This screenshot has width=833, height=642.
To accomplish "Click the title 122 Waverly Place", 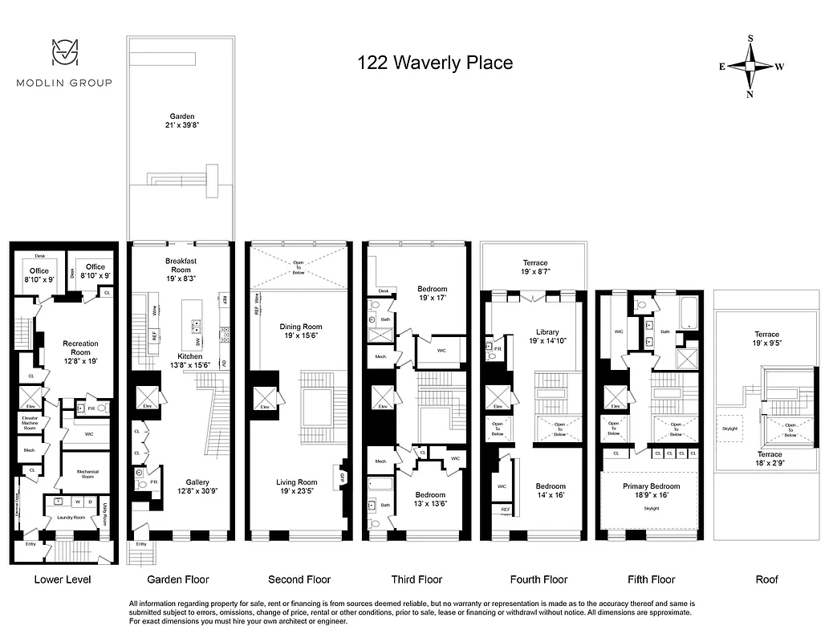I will point(434,63).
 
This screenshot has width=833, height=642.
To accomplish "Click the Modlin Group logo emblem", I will point(67,53).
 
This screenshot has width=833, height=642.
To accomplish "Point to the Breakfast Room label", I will point(181,266).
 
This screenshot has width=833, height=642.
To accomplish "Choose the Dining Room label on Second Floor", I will point(300,331).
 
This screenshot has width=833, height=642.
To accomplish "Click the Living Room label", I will point(297,487).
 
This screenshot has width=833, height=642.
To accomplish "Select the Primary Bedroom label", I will point(651,491).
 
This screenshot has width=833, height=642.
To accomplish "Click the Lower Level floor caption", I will point(63,579).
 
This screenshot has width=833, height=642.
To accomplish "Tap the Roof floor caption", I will point(766,579).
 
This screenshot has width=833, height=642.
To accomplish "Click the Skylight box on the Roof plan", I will point(730,429).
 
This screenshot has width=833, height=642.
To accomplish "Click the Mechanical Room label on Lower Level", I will point(87,473).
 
